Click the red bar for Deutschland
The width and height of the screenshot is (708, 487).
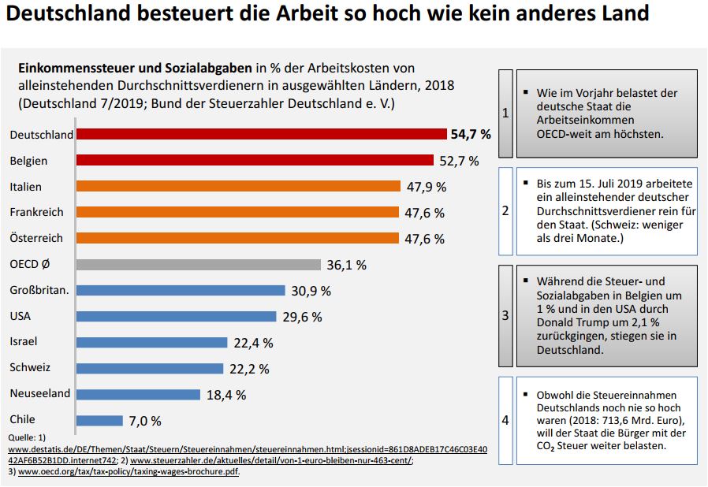(261, 135)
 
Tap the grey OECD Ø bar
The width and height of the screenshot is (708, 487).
(198, 265)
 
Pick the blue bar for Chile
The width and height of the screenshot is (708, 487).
(99, 421)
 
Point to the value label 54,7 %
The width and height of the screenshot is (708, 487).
(471, 135)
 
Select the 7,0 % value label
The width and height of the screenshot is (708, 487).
(145, 422)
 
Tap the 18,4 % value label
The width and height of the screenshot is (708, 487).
(226, 395)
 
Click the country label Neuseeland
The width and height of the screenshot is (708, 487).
(40, 393)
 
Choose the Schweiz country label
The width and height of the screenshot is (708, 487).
(30, 367)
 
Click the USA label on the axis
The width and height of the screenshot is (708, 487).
(20, 316)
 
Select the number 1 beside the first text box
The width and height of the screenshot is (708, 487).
(505, 113)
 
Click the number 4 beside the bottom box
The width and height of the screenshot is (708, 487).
(505, 420)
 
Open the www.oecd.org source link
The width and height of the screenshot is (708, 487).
(129, 472)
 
